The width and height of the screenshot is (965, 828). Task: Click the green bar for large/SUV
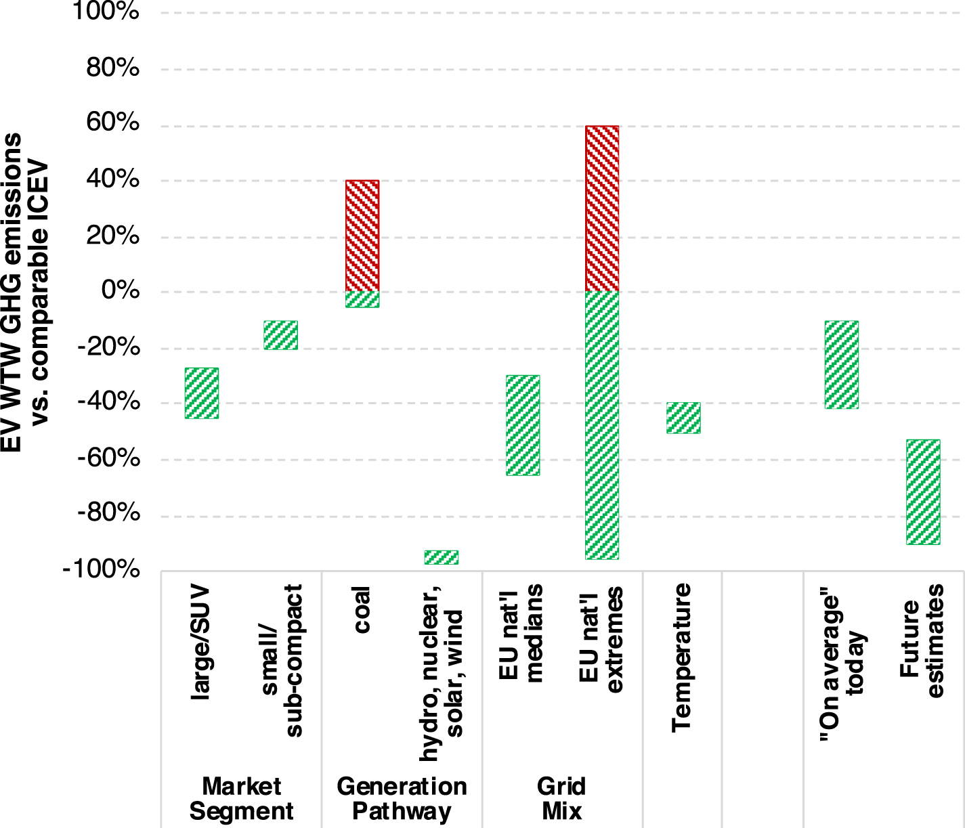click(x=202, y=393)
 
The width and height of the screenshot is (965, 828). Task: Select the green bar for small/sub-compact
click(x=281, y=335)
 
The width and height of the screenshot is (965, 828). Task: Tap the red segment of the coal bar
click(x=362, y=236)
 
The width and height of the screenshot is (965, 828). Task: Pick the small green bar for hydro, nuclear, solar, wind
click(x=442, y=557)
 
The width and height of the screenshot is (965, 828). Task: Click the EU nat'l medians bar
click(x=523, y=425)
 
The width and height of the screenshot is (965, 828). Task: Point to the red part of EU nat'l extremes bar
click(x=602, y=209)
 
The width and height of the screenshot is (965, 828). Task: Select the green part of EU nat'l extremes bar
click(x=602, y=425)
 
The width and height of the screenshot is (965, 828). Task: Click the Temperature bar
click(x=683, y=418)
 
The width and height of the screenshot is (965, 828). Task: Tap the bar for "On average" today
click(x=842, y=365)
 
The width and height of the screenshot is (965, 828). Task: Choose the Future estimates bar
click(x=923, y=492)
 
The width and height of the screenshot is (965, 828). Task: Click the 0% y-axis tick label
click(x=121, y=291)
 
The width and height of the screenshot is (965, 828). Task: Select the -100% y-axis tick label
click(x=102, y=569)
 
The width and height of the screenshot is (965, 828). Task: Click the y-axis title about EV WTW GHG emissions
click(x=25, y=291)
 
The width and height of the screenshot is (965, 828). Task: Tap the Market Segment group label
click(x=241, y=799)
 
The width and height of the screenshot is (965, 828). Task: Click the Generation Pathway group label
click(x=402, y=799)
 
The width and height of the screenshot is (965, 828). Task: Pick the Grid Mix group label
click(x=561, y=799)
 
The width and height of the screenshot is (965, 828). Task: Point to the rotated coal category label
click(x=362, y=610)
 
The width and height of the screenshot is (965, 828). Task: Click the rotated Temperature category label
click(x=681, y=657)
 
